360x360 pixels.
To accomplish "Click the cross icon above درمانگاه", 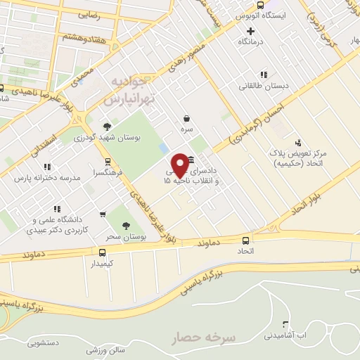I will point(251,30).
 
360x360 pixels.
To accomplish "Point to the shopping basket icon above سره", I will point(186,118).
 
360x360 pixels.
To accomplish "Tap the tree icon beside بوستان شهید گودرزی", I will point(106,127).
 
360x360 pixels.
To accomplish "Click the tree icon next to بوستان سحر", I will point(126,226).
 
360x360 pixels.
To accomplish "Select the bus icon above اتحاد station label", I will point(265,238).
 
